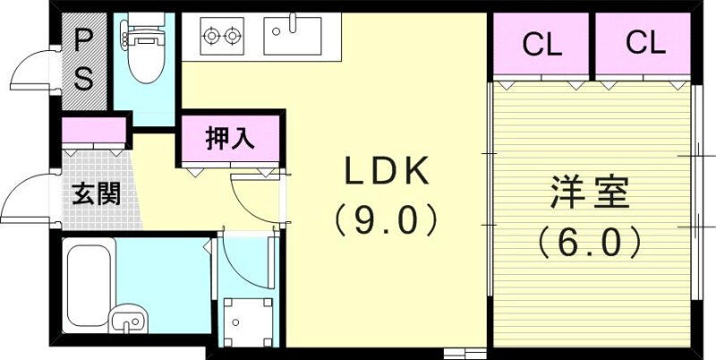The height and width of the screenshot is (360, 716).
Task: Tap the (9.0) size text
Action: point(385,219)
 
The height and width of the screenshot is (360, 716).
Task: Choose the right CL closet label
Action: point(645,44)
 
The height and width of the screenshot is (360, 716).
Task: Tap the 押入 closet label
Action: point(231,138)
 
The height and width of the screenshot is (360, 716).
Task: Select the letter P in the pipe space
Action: point(83,39)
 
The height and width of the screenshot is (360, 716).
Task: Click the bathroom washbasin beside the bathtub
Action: point(127,319)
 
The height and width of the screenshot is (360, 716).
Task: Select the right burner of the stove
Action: point(234,37)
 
